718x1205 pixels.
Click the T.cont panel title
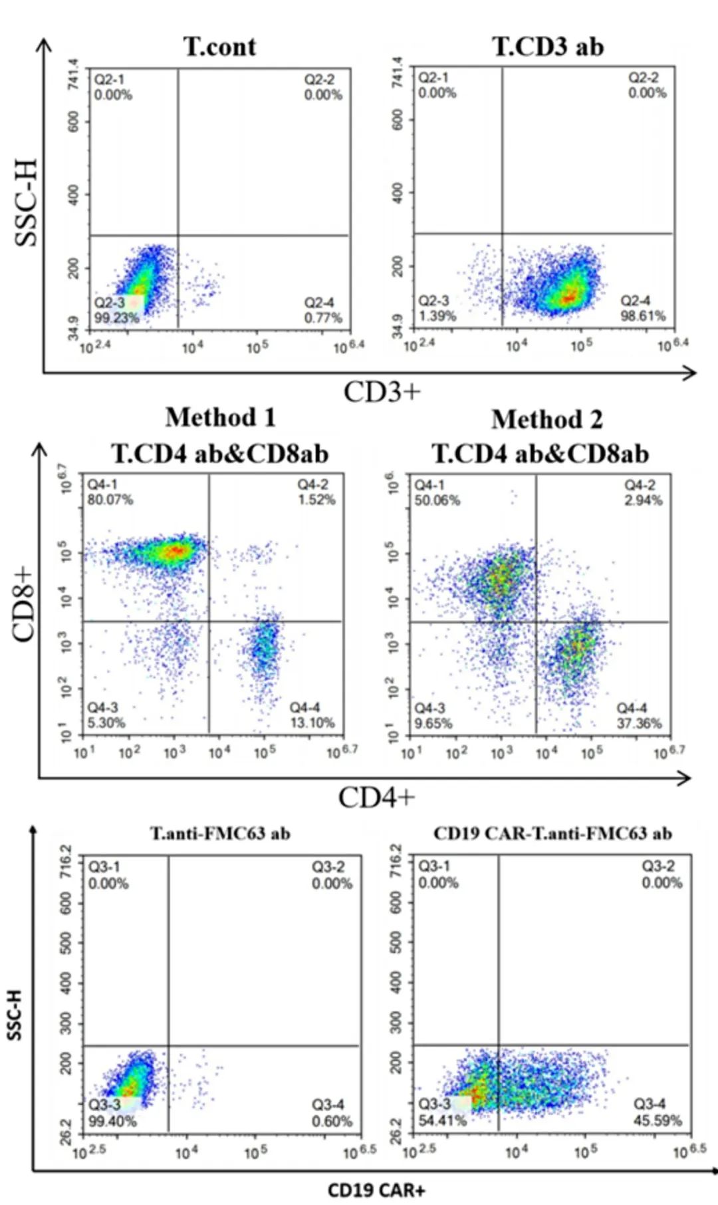[219, 47]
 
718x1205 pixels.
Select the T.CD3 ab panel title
[548, 47]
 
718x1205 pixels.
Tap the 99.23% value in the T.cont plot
[116, 318]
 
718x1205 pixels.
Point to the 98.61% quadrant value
[643, 316]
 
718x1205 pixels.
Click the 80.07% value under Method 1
[110, 500]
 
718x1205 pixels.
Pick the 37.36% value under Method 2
[639, 723]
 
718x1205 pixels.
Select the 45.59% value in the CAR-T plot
[658, 1120]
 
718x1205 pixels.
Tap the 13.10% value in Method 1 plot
[312, 723]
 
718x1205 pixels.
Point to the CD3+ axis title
[382, 392]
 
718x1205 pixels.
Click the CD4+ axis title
[376, 797]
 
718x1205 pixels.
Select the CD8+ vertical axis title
[23, 603]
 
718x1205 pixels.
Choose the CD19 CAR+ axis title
[376, 1190]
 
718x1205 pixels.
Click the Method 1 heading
[220, 418]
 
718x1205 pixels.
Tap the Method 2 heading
[547, 420]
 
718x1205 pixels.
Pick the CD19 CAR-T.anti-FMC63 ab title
[552, 834]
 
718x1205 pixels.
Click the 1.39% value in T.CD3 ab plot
[437, 316]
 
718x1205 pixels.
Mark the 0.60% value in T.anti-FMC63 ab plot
[332, 1121]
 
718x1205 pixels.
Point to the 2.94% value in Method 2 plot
[643, 500]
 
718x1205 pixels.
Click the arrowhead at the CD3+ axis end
[691, 373]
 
